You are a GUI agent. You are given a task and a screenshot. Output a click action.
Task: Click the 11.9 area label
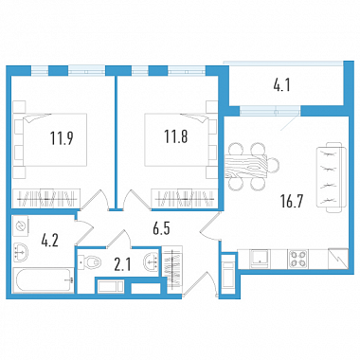(x=62, y=138)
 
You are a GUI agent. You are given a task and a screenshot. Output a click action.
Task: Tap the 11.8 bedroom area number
(x=176, y=136)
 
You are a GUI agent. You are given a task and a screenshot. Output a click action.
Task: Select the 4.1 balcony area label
(x=281, y=85)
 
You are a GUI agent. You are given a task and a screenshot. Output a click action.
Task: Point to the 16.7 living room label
(x=292, y=201)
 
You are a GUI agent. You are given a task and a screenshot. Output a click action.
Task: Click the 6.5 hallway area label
(x=161, y=228)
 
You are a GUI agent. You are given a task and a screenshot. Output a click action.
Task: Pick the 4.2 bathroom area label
(x=50, y=241)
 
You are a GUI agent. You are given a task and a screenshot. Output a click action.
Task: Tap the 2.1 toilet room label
(x=122, y=265)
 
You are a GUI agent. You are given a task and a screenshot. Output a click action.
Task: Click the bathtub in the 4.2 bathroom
(x=44, y=280)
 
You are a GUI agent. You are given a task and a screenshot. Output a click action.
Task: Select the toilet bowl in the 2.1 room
(x=90, y=261)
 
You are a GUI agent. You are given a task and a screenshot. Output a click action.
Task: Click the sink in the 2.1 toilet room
(x=151, y=261)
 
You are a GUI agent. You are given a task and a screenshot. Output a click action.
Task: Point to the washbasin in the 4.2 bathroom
(x=21, y=252)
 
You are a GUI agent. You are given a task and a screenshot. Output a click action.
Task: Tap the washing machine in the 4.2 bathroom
(x=21, y=225)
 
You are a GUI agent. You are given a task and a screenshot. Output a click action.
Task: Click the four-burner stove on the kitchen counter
(x=297, y=259)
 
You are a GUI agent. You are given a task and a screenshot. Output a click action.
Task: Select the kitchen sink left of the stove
(x=260, y=259)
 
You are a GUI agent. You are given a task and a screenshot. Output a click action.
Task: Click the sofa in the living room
(x=330, y=177)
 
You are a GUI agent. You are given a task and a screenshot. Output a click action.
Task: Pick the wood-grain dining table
(x=246, y=166)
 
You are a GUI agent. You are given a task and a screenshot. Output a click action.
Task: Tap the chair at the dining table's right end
(x=274, y=166)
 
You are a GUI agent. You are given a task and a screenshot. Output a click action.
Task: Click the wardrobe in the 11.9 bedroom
(x=46, y=198)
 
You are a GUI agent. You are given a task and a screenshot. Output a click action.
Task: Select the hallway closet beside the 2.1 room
(x=172, y=267)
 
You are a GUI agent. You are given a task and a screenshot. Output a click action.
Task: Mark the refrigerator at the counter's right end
(x=338, y=259)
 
